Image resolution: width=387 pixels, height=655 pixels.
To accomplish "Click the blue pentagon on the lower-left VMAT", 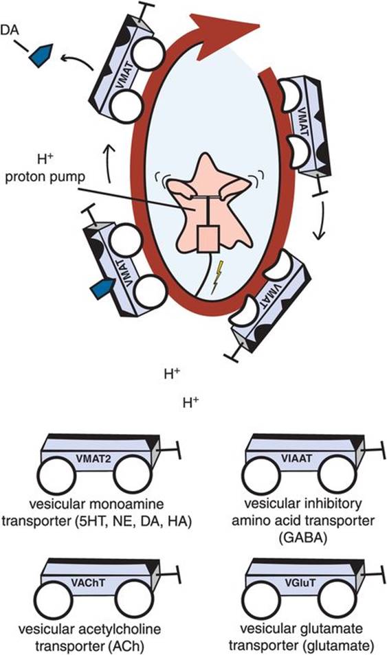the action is tap(102, 289).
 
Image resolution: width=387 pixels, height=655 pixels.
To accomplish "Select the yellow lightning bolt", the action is tap(218, 277).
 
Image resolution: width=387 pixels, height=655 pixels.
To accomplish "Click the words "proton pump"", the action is tap(45, 176).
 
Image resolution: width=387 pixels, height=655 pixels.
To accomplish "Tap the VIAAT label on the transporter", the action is tap(300, 458).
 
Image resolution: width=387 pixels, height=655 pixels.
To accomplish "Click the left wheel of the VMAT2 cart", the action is tap(56, 475).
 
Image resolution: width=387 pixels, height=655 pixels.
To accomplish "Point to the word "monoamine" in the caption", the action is tap(128, 504).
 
